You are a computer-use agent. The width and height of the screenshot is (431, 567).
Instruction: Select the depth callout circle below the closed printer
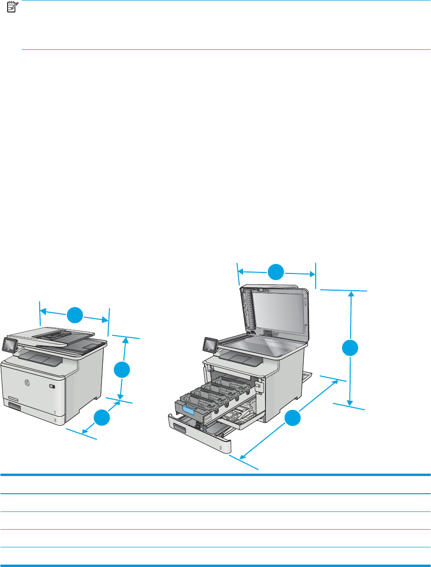point(101,418)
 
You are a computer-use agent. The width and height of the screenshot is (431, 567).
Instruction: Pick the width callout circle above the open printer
point(276,272)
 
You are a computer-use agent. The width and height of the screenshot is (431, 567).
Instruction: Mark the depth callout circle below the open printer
point(293,418)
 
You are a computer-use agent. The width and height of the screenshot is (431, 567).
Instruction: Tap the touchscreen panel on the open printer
point(210,344)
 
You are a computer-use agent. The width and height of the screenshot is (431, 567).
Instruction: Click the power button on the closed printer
point(52,386)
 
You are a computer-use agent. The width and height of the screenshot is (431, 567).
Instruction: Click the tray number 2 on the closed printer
point(55,420)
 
